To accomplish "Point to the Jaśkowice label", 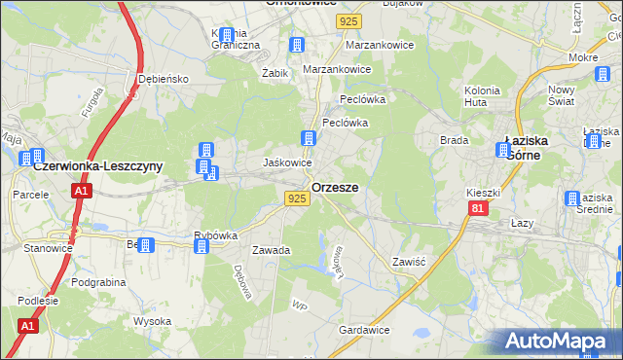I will [288, 162].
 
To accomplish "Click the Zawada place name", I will [272, 250].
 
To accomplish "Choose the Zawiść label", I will [411, 262].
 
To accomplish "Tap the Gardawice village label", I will [364, 330].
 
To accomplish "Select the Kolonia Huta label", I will [482, 95].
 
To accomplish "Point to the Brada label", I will [455, 140].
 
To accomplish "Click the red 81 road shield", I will [476, 208].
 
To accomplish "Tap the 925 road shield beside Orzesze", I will [298, 198].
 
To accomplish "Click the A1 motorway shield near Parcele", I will [81, 193].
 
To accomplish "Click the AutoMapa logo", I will [559, 342].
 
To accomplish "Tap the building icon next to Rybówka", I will [202, 246].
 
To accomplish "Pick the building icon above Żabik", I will [297, 45].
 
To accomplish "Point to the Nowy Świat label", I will [589, 95].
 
